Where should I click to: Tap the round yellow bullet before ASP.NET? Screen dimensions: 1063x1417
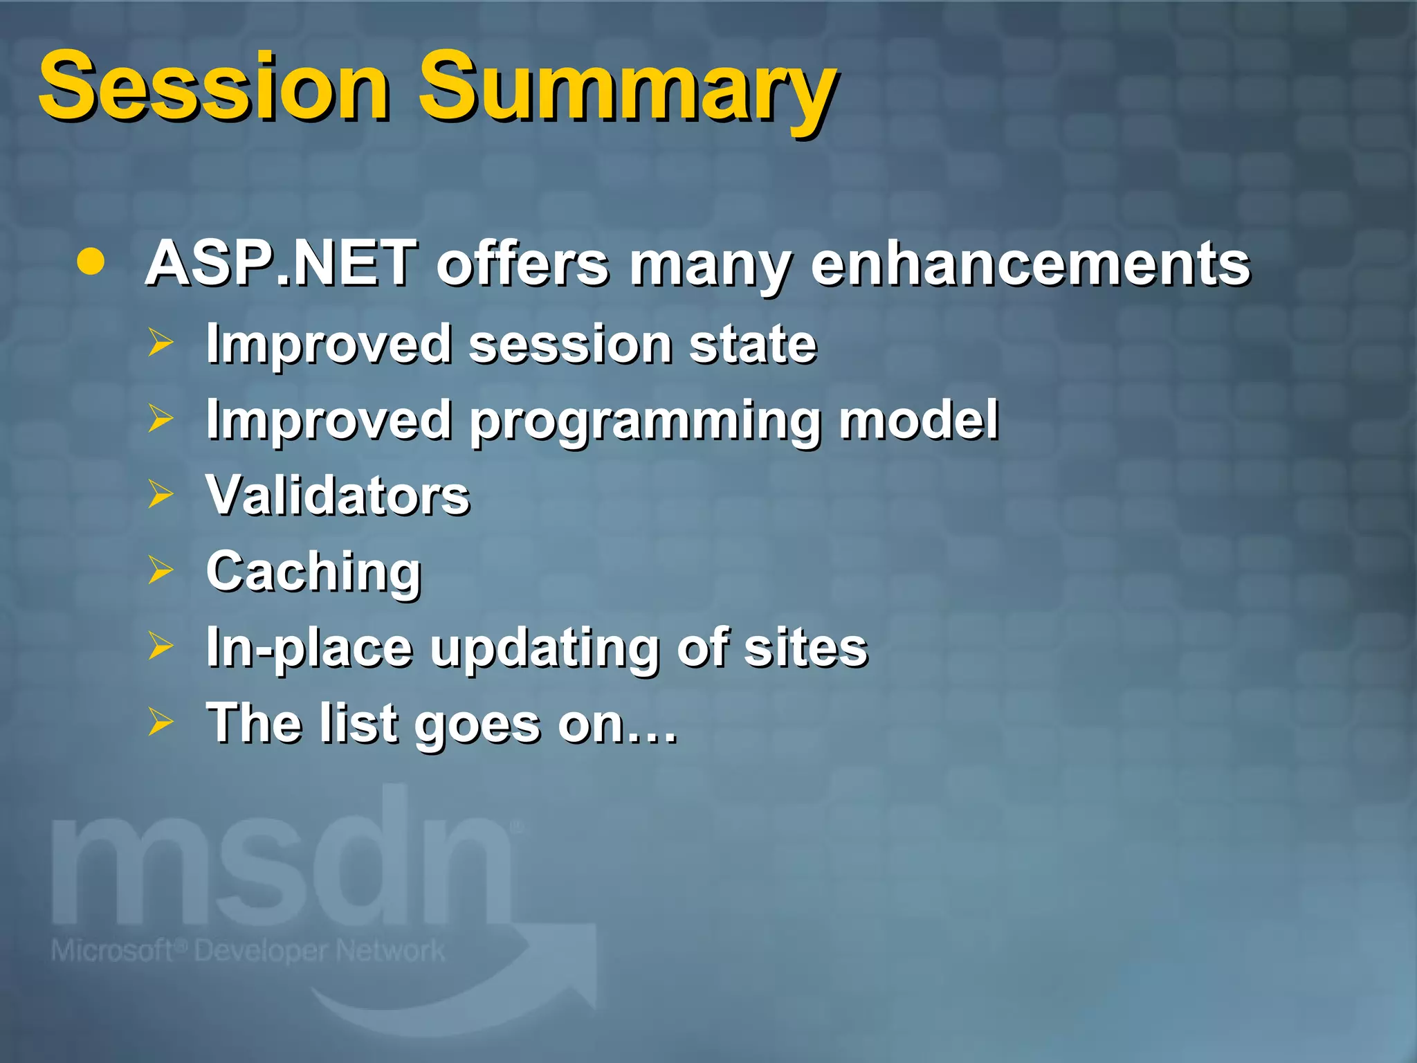[x=91, y=262]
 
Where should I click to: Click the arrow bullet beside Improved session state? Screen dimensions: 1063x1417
[x=161, y=343]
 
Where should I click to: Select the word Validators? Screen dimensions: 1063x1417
[x=338, y=496]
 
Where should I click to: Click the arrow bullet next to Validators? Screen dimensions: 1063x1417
[x=161, y=494]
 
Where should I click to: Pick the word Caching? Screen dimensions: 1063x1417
[x=314, y=573]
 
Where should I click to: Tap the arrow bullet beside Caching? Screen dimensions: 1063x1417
[x=161, y=570]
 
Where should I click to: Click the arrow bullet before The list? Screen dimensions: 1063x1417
[x=161, y=722]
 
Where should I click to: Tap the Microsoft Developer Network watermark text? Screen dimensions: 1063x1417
[x=248, y=951]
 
